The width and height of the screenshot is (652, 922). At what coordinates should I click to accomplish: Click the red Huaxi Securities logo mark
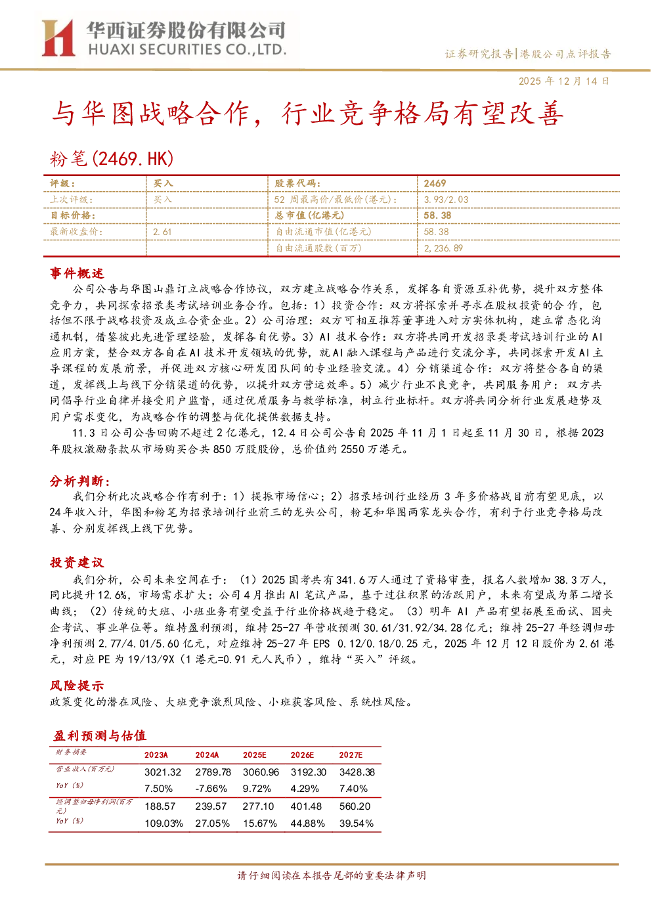[x=58, y=37]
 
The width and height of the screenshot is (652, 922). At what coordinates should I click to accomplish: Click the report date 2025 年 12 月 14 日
[x=563, y=81]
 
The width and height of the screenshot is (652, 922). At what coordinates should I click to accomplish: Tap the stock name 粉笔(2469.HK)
[x=112, y=158]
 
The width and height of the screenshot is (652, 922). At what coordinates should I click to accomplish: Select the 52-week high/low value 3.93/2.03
[x=446, y=200]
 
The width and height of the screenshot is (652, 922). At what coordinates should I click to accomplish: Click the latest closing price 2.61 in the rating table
[x=162, y=232]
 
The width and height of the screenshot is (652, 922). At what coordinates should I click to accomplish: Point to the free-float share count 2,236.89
[x=443, y=248]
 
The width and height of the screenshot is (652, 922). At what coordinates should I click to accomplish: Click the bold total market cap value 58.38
[x=437, y=215]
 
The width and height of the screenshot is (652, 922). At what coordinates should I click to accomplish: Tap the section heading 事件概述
[x=77, y=273]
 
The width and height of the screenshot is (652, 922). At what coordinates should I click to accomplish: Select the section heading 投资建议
[x=77, y=562]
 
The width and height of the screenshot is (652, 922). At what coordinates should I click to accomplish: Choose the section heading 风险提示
[x=77, y=686]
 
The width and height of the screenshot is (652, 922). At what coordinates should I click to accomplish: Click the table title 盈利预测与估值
[x=100, y=735]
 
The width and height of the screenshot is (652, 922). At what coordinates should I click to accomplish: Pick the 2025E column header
[x=254, y=755]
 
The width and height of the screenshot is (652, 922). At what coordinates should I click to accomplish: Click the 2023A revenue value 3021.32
[x=163, y=772]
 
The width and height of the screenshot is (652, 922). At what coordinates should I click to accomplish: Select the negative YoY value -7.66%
[x=211, y=789]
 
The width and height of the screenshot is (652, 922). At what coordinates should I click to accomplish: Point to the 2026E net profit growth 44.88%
[x=307, y=823]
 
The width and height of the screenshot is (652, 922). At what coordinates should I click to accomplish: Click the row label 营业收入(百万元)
[x=85, y=769]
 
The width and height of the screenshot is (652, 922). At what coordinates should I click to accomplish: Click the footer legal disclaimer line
[x=332, y=875]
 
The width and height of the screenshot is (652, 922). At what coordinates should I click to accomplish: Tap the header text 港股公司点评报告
[x=565, y=54]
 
